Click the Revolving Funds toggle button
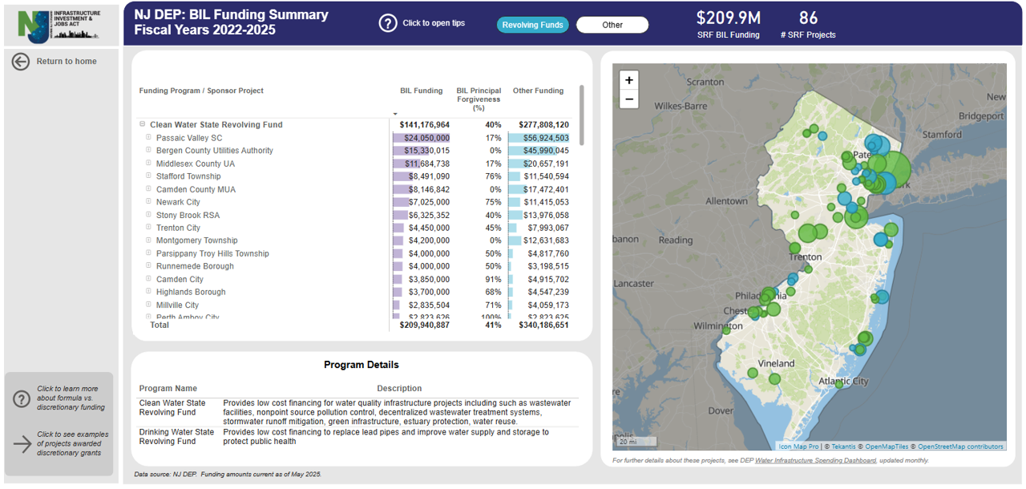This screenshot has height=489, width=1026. pyautogui.click(x=532, y=25)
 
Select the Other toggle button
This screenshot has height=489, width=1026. pyautogui.click(x=612, y=25)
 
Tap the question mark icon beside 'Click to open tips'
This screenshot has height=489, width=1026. pyautogui.click(x=388, y=23)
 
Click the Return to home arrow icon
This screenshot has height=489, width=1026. pyautogui.click(x=21, y=62)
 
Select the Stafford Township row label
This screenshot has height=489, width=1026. pyautogui.click(x=188, y=176)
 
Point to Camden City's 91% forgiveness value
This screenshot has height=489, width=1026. pyautogui.click(x=493, y=279)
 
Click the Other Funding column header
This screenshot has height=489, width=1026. pyautogui.click(x=538, y=91)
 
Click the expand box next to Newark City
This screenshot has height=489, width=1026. pyautogui.click(x=148, y=202)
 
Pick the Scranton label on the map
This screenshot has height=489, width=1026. pyautogui.click(x=705, y=82)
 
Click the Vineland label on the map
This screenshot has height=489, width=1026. pyautogui.click(x=776, y=363)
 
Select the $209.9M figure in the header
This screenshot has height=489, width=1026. pyautogui.click(x=728, y=18)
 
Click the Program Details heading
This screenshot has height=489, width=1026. pyautogui.click(x=361, y=365)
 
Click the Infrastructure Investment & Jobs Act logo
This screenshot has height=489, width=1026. pyautogui.click(x=59, y=25)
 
